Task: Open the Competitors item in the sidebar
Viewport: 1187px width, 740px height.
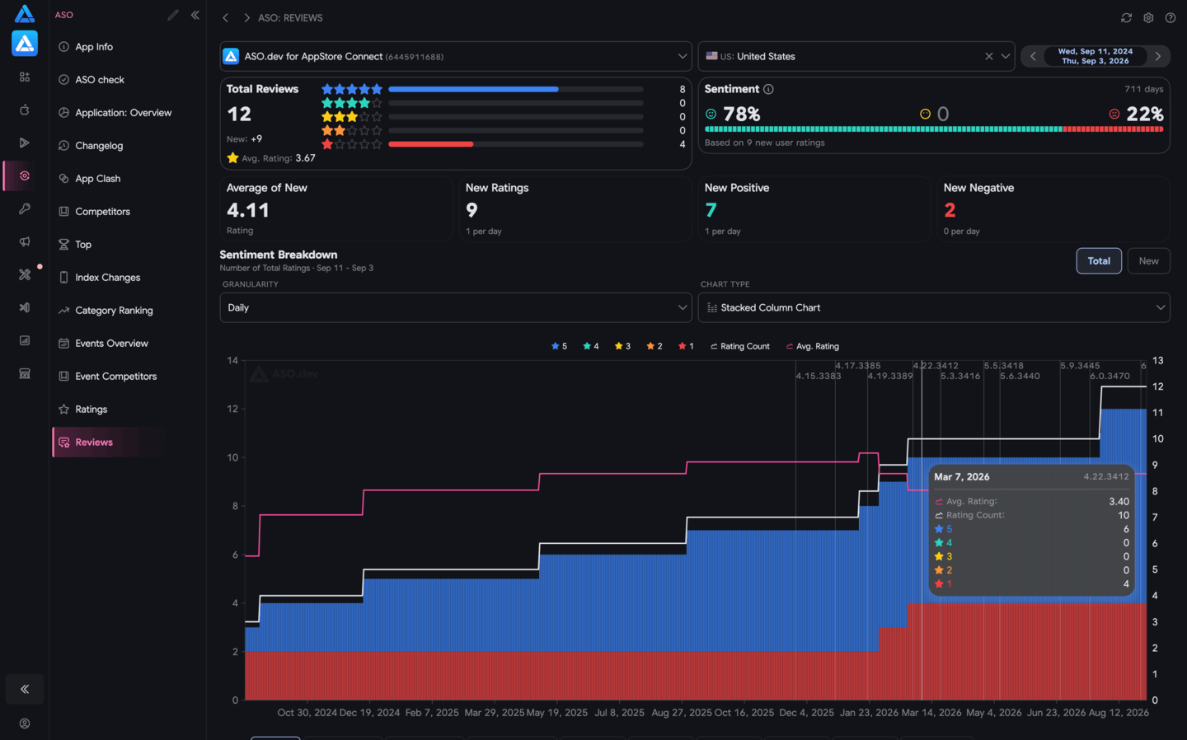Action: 102,211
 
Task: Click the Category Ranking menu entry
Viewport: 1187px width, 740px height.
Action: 114,311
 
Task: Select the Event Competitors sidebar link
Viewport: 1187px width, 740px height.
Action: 115,376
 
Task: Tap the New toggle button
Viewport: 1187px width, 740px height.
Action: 1148,260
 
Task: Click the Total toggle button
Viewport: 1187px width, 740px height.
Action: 1099,260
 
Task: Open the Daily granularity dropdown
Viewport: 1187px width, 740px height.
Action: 456,307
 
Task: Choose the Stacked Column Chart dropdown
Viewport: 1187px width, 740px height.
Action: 934,307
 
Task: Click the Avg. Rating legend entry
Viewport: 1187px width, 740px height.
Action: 813,346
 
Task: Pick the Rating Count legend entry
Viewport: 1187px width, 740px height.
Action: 739,346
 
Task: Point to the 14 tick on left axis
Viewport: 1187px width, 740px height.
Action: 232,361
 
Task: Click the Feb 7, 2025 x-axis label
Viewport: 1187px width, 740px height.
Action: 432,713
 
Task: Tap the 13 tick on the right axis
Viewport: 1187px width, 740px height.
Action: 1158,361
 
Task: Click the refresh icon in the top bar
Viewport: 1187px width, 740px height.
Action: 1126,18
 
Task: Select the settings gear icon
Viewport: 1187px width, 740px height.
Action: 1148,18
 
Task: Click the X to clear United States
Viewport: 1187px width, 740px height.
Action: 989,56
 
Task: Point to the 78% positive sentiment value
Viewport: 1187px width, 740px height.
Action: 741,114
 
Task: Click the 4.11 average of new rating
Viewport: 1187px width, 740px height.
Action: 248,210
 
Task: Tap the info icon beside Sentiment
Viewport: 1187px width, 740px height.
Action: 768,90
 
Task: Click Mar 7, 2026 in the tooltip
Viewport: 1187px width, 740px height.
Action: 961,477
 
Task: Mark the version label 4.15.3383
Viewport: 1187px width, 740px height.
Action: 819,376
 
